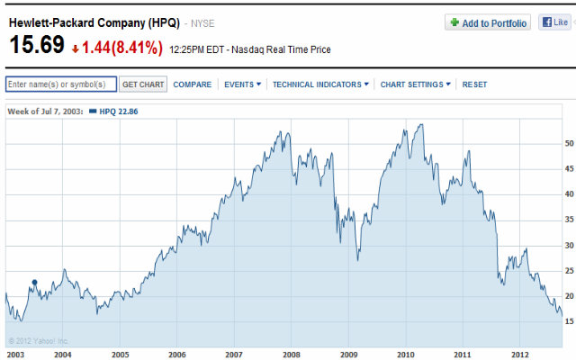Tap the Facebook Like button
click(x=555, y=22)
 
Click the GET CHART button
click(x=143, y=85)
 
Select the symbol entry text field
click(x=61, y=85)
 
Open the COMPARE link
click(x=193, y=85)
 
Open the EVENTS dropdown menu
click(x=242, y=85)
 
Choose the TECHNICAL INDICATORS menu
click(x=320, y=85)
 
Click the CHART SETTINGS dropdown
click(x=416, y=85)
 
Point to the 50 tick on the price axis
click(x=569, y=143)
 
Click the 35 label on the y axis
click(x=569, y=220)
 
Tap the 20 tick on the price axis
click(x=569, y=296)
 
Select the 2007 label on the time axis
click(x=234, y=355)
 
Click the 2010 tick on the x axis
click(x=406, y=355)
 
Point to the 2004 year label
click(x=62, y=355)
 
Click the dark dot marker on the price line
click(x=34, y=283)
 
